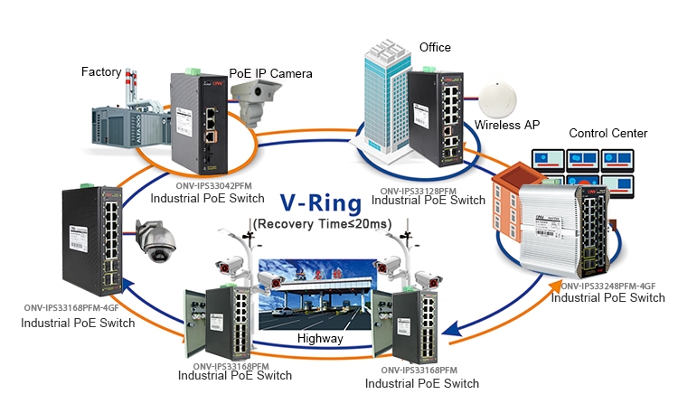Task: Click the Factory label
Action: (101, 71)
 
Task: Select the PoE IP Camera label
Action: (271, 72)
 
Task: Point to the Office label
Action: (435, 47)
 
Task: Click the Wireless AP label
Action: (507, 126)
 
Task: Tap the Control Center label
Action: (607, 134)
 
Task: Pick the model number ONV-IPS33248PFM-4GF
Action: (607, 286)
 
